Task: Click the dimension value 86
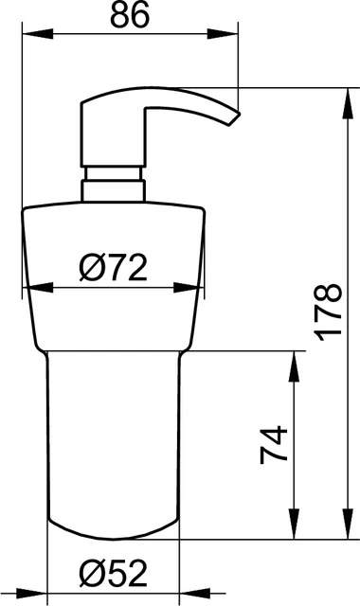129,15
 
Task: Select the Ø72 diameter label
114,268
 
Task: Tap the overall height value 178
329,312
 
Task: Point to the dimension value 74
274,444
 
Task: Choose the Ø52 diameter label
114,574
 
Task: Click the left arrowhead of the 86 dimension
38,34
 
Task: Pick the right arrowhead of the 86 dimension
223,34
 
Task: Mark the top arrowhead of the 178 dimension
348,103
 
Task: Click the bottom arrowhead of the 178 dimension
348,524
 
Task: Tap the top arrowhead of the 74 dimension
295,366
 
